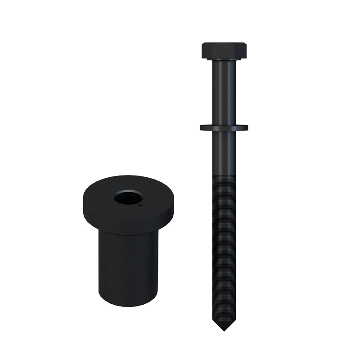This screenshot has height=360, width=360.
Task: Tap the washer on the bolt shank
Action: pyautogui.click(x=224, y=127)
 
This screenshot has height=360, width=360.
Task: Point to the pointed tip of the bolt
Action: pyautogui.click(x=224, y=329)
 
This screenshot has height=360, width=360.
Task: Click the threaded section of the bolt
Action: pyautogui.click(x=224, y=247)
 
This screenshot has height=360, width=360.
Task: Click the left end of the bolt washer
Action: pyautogui.click(x=202, y=127)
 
